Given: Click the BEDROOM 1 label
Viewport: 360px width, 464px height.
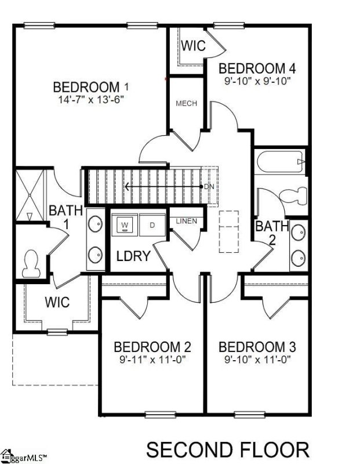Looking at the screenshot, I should [90, 87].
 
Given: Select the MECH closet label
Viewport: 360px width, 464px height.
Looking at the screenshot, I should [186, 104].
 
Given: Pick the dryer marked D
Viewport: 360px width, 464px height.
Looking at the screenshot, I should [152, 224].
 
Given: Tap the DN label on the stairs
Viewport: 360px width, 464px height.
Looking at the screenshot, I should [209, 187].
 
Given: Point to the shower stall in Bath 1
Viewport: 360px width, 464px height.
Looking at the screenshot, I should [30, 194].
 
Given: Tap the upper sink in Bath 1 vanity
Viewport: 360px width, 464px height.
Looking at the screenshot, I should [94, 224].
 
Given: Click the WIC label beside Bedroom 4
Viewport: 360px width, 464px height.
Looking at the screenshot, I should [193, 46].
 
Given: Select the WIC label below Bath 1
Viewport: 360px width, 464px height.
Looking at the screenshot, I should [57, 302].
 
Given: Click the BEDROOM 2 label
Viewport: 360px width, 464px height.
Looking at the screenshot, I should [152, 347].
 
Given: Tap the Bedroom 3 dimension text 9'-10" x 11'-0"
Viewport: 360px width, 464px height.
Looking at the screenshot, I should [257, 360].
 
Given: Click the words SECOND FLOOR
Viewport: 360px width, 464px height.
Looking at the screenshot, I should [227, 449].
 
